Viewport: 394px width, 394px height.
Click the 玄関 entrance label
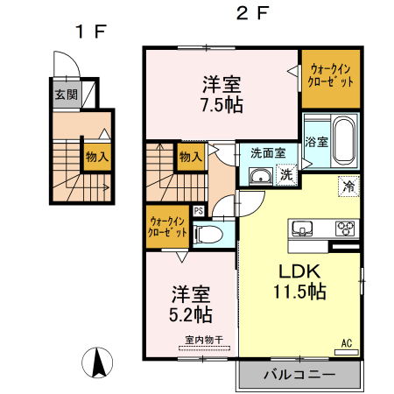pos(65,95)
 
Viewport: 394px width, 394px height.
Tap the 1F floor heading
pos(89,32)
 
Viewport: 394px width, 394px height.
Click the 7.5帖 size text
pos(222,103)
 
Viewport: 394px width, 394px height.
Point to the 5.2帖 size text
pos(190,311)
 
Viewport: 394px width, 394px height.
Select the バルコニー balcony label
pos(299,376)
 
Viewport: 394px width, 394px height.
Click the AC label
pos(345,343)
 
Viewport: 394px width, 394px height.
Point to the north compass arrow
pos(99,362)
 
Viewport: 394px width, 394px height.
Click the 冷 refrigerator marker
pos(348,186)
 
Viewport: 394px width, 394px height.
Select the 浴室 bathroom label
pos(316,141)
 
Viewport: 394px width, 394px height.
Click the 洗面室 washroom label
pos(267,152)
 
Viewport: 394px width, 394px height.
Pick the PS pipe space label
pos(199,210)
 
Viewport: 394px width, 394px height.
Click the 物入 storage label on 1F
pos(96,158)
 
